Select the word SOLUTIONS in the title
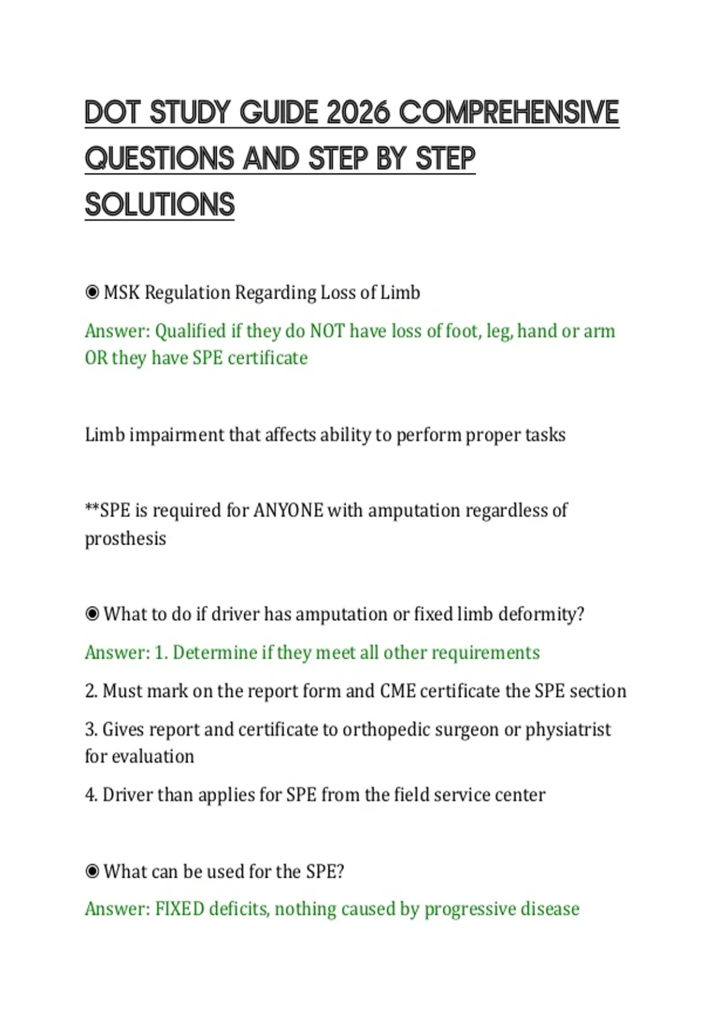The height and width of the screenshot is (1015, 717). (160, 204)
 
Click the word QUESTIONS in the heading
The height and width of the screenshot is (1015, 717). (160, 158)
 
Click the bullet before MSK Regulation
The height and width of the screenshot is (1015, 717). (92, 293)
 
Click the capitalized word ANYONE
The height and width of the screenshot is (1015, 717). (289, 510)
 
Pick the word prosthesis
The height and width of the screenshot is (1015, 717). (125, 539)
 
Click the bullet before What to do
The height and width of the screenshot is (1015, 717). (92, 614)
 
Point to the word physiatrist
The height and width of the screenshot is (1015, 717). (568, 730)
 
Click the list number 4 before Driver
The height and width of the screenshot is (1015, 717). (91, 795)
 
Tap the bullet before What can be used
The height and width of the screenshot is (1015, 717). (92, 872)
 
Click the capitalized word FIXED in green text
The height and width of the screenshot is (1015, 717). (180, 909)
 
